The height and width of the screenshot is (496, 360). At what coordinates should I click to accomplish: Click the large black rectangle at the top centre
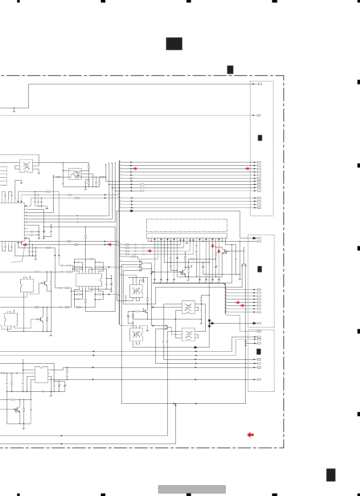pos(174,44)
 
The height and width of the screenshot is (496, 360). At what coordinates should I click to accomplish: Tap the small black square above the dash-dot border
pos(230,69)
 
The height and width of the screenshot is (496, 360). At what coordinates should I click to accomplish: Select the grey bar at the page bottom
pos(192,489)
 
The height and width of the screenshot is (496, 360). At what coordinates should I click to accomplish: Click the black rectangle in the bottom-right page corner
pos(331,475)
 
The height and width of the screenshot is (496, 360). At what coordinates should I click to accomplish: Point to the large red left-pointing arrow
pos(250,435)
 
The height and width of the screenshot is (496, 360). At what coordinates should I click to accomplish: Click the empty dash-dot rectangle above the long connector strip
pos(186,225)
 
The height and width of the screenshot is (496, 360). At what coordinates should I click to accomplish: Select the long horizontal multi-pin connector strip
pos(186,236)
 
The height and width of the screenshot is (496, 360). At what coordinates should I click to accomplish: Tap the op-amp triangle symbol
pos(75,174)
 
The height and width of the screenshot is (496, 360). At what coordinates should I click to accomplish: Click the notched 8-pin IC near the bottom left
pos(41,375)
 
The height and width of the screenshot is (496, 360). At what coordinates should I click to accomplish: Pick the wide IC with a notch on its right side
pos(89,280)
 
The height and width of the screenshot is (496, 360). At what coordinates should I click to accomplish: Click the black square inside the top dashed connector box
pos(260,138)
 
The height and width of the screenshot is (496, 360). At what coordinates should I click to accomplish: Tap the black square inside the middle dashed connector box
pos(259,269)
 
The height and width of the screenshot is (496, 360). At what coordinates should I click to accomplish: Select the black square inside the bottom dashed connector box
pos(259,352)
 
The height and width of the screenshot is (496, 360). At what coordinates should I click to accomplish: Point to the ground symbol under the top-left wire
pos(14,111)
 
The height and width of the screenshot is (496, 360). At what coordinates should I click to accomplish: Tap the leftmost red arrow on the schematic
pos(25,245)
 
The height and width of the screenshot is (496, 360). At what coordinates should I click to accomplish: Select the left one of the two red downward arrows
pos(212,246)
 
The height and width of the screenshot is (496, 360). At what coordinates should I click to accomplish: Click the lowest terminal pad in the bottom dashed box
pos(259,379)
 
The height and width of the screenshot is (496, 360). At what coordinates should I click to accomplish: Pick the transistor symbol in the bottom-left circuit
pos(17,410)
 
